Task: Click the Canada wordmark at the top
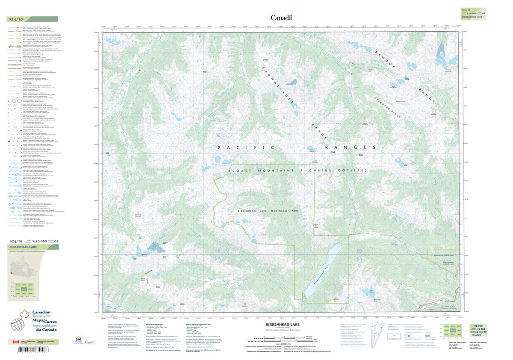281,18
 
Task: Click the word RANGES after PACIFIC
350,148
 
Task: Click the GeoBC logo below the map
90,342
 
